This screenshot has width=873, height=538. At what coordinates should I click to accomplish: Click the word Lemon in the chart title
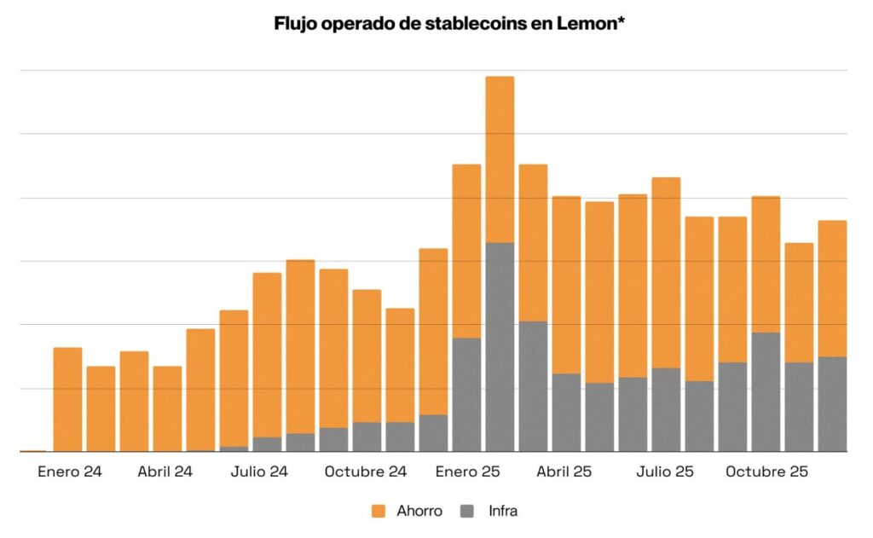[x=591, y=24]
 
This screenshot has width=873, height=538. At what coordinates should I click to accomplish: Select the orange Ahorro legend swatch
[x=380, y=512]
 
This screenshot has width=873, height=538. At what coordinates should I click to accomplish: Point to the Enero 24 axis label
[x=69, y=471]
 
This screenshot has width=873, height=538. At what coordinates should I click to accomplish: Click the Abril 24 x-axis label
[x=165, y=471]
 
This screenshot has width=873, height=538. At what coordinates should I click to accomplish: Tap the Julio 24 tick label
[x=259, y=471]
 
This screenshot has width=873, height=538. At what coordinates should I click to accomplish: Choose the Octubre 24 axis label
[x=366, y=471]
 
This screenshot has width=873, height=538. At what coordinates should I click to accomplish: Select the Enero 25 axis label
[x=466, y=471]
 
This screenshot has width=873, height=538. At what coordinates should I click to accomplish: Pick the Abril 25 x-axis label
[x=564, y=471]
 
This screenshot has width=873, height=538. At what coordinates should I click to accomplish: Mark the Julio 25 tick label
[x=665, y=471]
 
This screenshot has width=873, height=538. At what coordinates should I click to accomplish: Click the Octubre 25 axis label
[x=766, y=471]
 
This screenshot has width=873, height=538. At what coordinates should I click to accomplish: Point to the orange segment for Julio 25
[x=666, y=273]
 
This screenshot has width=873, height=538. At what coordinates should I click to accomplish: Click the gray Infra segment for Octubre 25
[x=766, y=392]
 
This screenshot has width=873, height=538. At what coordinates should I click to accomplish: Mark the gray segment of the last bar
[x=832, y=404]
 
